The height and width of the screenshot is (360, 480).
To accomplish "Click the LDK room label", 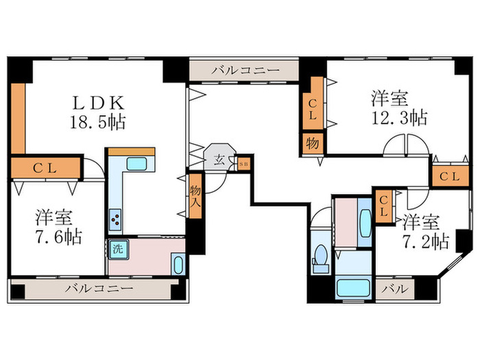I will tap(98, 104).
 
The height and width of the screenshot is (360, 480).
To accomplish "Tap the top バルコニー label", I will tap(245, 70).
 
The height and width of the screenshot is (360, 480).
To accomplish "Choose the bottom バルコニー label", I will tap(99, 288).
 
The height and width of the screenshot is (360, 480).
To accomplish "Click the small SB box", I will tap(243, 163).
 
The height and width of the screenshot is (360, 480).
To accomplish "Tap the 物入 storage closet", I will tap(195, 196).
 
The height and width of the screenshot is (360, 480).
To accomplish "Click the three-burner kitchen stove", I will tap(115, 220).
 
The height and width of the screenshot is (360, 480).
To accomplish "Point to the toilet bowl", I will tap(319, 259).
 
